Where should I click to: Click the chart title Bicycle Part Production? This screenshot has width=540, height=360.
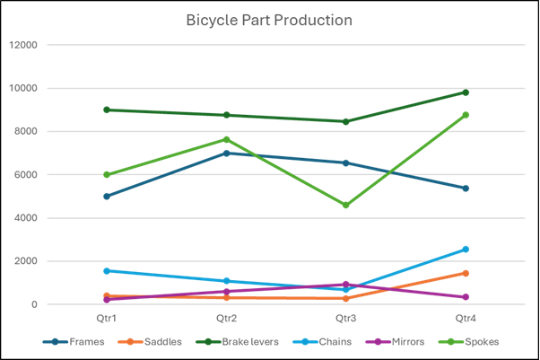click(269, 20)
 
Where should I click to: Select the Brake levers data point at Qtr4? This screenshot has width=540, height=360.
click(466, 92)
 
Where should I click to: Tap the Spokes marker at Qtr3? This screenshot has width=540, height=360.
click(346, 206)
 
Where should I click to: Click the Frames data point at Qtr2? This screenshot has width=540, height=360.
click(226, 154)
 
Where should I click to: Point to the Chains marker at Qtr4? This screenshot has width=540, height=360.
click(466, 250)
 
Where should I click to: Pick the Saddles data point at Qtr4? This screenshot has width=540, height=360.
click(466, 273)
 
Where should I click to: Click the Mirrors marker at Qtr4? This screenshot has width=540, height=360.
click(466, 297)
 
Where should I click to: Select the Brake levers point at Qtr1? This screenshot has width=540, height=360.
click(107, 110)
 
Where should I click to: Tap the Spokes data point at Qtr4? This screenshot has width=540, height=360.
click(466, 115)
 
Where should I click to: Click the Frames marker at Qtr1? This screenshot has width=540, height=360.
click(107, 197)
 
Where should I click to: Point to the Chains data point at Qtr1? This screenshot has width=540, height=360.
click(107, 271)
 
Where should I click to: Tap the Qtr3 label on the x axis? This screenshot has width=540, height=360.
click(346, 318)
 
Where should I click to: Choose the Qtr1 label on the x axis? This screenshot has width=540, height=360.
click(107, 318)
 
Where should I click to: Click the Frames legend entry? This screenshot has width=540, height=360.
click(79, 341)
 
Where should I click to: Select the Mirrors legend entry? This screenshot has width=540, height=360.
click(401, 341)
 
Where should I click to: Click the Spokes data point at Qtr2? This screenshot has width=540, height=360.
click(226, 140)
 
